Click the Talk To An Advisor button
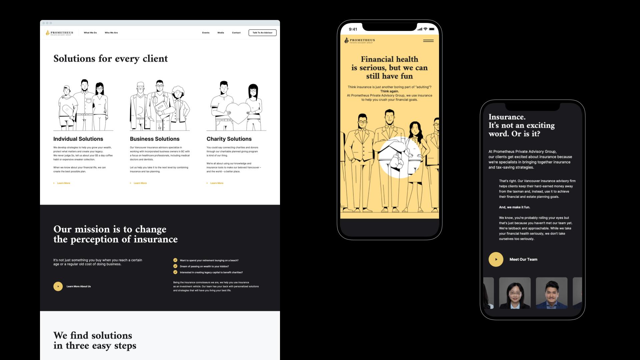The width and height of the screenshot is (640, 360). pos(262,33)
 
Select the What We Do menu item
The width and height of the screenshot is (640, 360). pos(90,33)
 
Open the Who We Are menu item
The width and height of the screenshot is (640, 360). pos(111,33)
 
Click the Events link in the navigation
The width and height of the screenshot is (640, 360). pos(206,33)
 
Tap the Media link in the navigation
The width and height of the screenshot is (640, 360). pos(221,33)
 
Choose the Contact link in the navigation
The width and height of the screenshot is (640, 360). pos(236,33)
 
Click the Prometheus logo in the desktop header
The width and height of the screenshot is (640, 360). pos(59,33)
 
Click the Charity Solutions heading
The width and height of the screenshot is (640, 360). pos(229,139)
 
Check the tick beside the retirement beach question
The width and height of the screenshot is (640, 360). pos(175,260)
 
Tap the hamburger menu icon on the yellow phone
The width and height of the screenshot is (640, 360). pos(428,41)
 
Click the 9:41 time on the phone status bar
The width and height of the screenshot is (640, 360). pos(353,29)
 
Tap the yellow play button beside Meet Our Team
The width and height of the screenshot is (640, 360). pos(496,259)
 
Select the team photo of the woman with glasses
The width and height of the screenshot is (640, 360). pos(515,293)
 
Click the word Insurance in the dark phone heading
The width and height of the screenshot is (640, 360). pos(507,117)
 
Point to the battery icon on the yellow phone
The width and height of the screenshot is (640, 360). pos(432,29)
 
